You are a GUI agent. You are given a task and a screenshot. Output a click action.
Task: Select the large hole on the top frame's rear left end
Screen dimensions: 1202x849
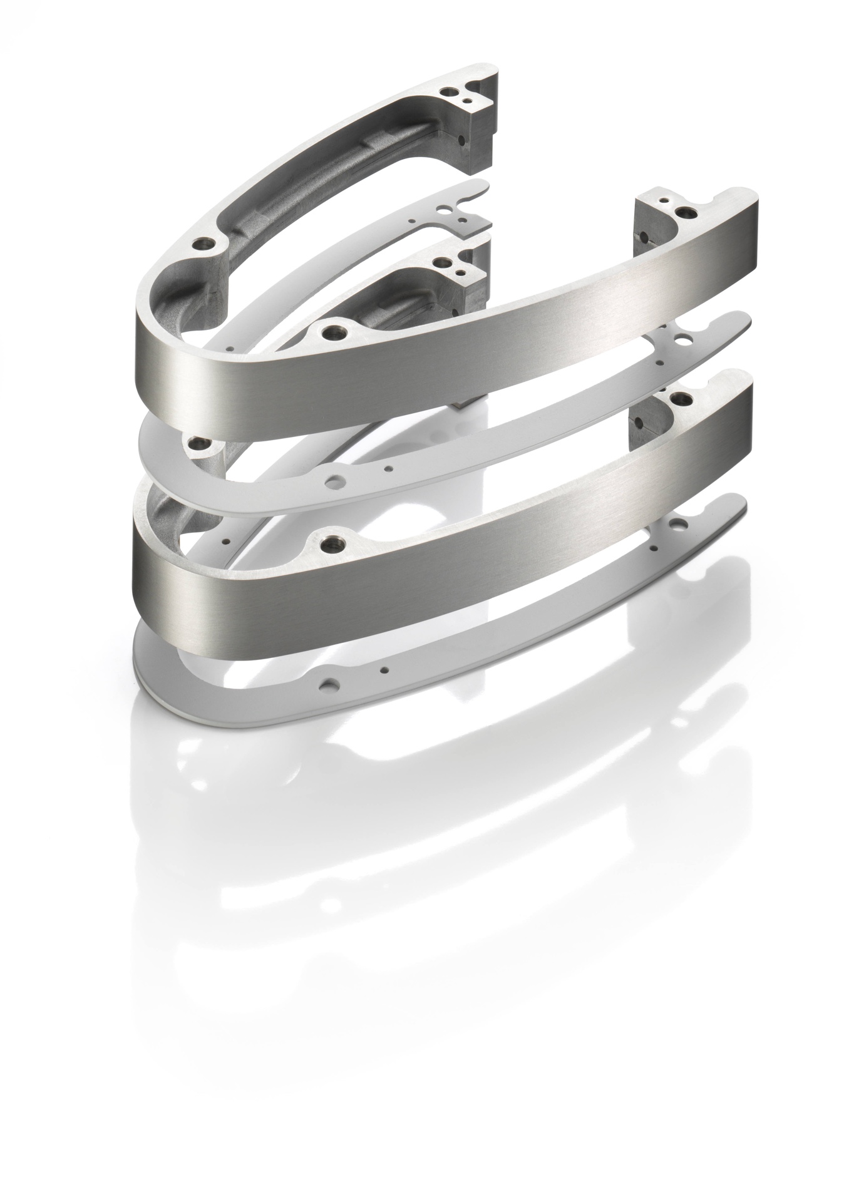(448, 91)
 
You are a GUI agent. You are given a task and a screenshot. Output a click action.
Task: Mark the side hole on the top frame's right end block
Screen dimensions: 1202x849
(640, 236)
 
